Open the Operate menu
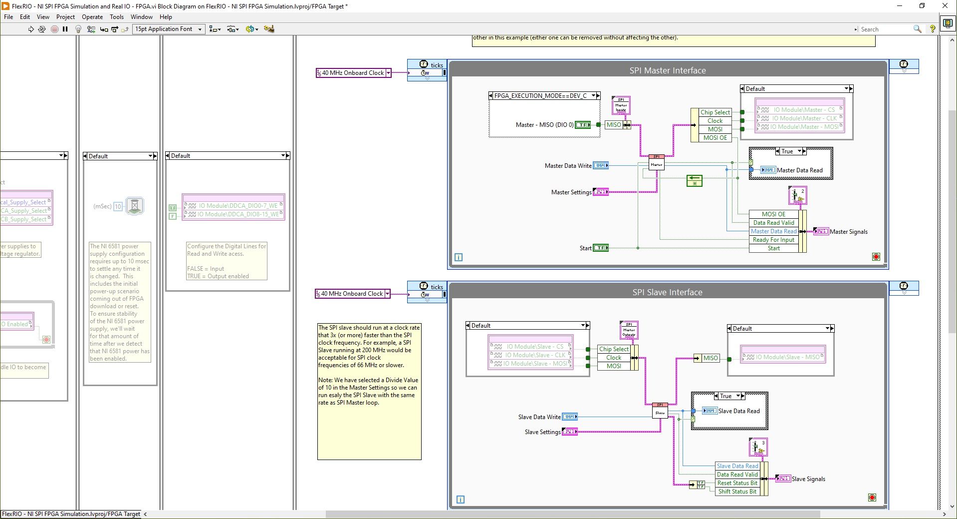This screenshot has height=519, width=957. pyautogui.click(x=92, y=16)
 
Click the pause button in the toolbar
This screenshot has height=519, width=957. pyautogui.click(x=65, y=29)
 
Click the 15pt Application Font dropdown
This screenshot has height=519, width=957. pyautogui.click(x=168, y=29)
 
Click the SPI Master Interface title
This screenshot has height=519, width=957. pyautogui.click(x=667, y=70)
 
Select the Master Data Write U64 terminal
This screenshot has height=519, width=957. pyautogui.click(x=600, y=165)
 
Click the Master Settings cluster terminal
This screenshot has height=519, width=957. pyautogui.click(x=600, y=192)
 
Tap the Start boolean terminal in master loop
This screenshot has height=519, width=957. pyautogui.click(x=600, y=248)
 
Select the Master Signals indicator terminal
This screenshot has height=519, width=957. pyautogui.click(x=821, y=231)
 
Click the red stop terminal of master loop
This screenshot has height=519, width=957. pyautogui.click(x=876, y=257)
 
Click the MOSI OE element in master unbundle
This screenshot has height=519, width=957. pyautogui.click(x=715, y=137)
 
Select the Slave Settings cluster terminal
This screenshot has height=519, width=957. pyautogui.click(x=569, y=432)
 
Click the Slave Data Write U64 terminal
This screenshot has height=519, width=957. pyautogui.click(x=569, y=417)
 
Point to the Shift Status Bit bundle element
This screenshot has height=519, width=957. pyautogui.click(x=737, y=492)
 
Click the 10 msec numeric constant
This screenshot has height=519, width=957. pyautogui.click(x=118, y=206)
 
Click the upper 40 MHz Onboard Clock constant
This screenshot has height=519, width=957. pyautogui.click(x=353, y=73)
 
